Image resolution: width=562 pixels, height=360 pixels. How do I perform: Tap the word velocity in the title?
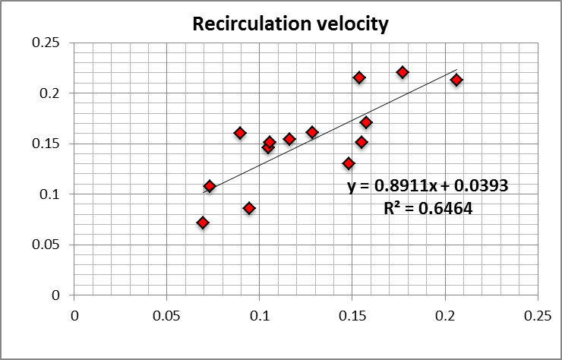(x=355, y=24)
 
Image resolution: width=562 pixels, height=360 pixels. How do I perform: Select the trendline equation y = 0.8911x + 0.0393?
(x=428, y=186)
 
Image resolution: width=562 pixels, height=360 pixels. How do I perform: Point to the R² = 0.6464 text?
(x=428, y=208)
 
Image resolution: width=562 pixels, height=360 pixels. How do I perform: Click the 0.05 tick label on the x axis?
(x=167, y=314)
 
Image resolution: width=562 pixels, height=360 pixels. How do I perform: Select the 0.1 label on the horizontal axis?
(x=260, y=314)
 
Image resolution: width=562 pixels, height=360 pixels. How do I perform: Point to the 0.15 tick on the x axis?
(x=352, y=314)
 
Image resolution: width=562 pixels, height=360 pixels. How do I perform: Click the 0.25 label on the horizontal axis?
(x=538, y=314)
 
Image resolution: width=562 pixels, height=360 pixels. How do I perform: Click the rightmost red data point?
(x=456, y=80)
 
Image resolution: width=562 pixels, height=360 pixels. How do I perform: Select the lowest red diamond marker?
(x=203, y=223)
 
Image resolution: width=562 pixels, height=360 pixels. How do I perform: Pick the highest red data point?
(x=403, y=72)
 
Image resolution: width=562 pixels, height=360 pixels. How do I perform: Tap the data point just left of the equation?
(x=349, y=163)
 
